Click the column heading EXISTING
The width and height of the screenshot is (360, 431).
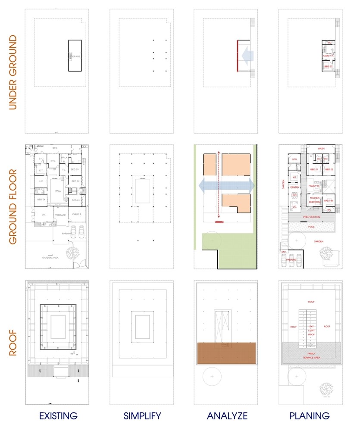tap(58, 416)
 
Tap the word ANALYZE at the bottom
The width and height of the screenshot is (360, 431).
tap(227, 416)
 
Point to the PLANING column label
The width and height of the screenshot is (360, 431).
tap(310, 416)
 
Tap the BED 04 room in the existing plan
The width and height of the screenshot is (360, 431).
tap(41, 200)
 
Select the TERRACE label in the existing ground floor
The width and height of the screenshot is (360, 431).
tap(60, 215)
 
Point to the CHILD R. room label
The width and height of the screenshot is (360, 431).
tap(78, 214)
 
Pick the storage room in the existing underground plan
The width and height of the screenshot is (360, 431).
tap(75, 56)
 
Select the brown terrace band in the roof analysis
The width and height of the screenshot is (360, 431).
tap(226, 353)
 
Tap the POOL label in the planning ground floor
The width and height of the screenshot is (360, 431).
tap(311, 226)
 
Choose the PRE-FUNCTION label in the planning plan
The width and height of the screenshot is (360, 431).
tap(311, 217)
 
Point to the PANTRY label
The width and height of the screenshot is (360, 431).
tap(294, 187)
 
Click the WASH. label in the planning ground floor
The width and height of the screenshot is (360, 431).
tap(321, 148)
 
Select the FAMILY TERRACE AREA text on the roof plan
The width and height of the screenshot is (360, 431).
tap(311, 355)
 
